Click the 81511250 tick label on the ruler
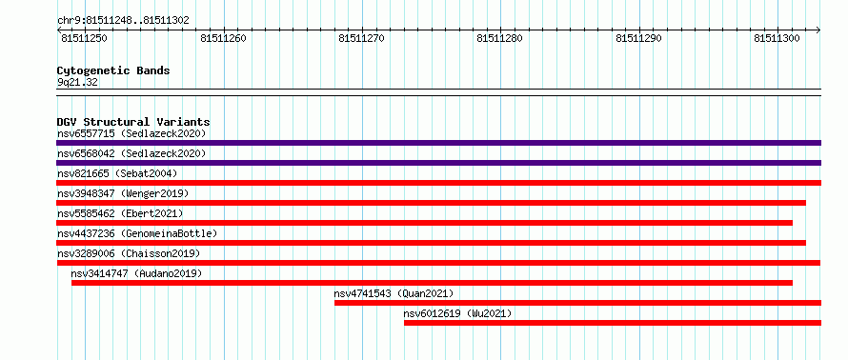(x=85, y=38)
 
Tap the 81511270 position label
(x=361, y=38)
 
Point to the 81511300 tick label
(x=777, y=38)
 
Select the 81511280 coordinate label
(x=499, y=38)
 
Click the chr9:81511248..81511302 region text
(x=123, y=21)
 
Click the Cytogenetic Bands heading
(x=113, y=70)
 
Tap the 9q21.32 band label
(x=77, y=83)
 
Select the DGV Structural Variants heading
(x=133, y=122)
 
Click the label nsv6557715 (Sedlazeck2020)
(x=131, y=133)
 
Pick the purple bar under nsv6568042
(x=438, y=163)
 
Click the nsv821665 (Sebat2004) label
(x=117, y=173)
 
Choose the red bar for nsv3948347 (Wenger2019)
(x=431, y=203)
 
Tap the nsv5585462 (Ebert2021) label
(x=120, y=213)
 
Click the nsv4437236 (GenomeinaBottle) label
(x=137, y=233)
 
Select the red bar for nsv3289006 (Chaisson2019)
(x=438, y=263)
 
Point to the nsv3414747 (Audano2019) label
(x=136, y=273)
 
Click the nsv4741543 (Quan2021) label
(x=394, y=293)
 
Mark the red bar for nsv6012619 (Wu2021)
(x=613, y=323)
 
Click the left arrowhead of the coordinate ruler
(x=59, y=30)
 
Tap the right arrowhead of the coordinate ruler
(x=818, y=30)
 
